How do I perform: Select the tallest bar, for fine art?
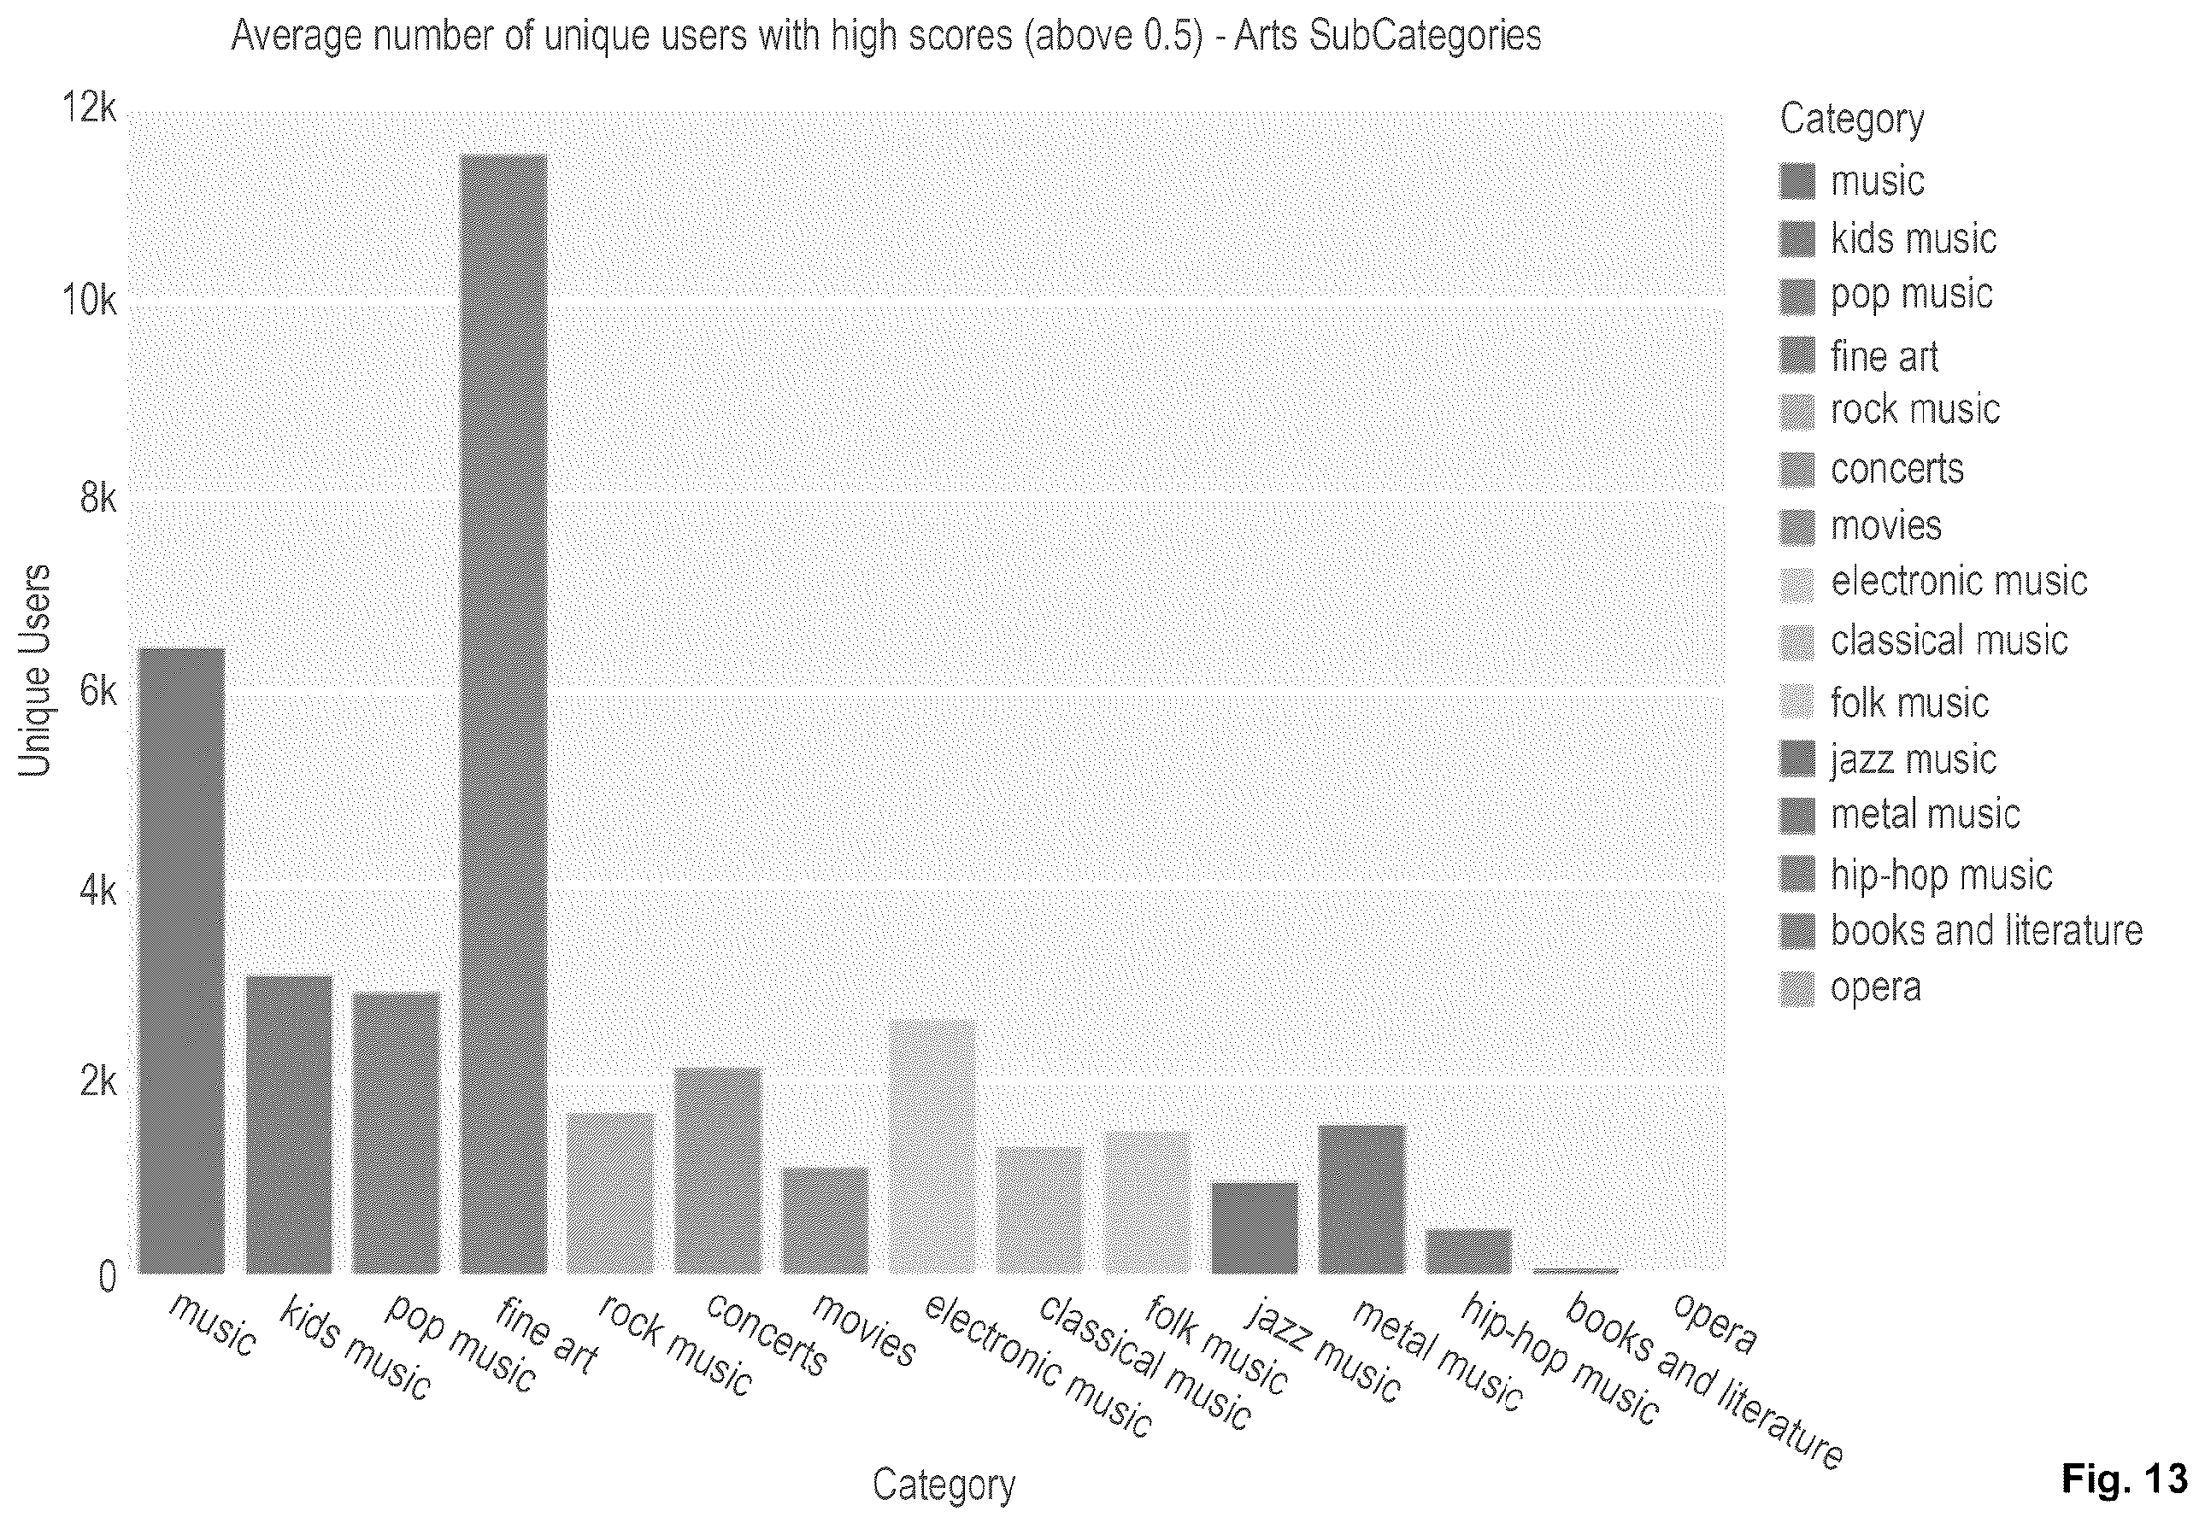[x=503, y=714]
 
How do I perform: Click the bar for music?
[x=182, y=961]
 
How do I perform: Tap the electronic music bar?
[x=932, y=1146]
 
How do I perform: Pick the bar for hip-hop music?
[x=1468, y=1251]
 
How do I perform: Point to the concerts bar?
[x=718, y=1171]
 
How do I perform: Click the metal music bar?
[x=1361, y=1199]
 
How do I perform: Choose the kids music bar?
[x=289, y=1125]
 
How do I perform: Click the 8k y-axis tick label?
[x=97, y=497]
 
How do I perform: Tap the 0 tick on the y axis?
[x=107, y=1276]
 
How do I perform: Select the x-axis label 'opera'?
[x=1715, y=1324]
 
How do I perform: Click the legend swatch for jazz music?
[x=1796, y=759]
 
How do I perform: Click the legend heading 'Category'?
[x=1852, y=120]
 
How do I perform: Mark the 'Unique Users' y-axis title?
[x=34, y=671]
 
